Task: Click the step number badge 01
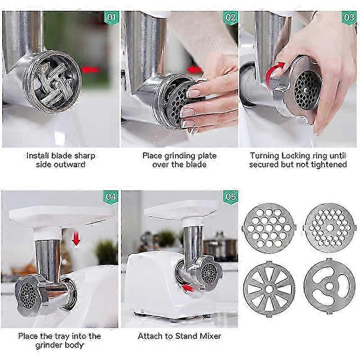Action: [x=112, y=18]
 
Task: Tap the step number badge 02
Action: [x=230, y=18]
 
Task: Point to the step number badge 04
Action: [x=111, y=197]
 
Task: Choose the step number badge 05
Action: [x=230, y=197]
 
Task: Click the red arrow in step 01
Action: [x=91, y=70]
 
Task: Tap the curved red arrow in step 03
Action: [x=274, y=71]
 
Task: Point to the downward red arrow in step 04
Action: [x=76, y=239]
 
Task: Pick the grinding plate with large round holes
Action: [x=269, y=228]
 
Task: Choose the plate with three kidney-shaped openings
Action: [x=329, y=286]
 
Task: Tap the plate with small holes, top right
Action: [x=329, y=228]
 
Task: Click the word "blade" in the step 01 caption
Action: [x=60, y=156]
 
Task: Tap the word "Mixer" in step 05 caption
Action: [x=210, y=336]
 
